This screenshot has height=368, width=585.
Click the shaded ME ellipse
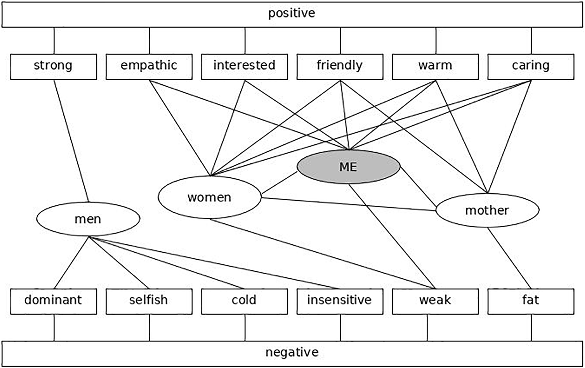tap(348, 167)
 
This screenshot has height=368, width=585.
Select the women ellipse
tap(210, 197)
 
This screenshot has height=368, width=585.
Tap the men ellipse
tap(88, 219)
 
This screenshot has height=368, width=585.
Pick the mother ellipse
tap(487, 210)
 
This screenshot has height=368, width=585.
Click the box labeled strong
tap(53, 66)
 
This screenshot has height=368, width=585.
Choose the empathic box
tap(149, 66)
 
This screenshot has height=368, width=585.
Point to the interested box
tap(244, 66)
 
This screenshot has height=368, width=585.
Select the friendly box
tap(340, 66)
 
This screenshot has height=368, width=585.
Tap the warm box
tap(435, 66)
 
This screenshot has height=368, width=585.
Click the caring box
tap(531, 66)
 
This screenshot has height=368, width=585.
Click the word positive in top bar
tap(291, 14)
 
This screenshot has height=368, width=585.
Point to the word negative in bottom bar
tap(292, 353)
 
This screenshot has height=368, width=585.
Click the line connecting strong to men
tap(72, 141)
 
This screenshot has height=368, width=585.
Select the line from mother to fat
tap(509, 258)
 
